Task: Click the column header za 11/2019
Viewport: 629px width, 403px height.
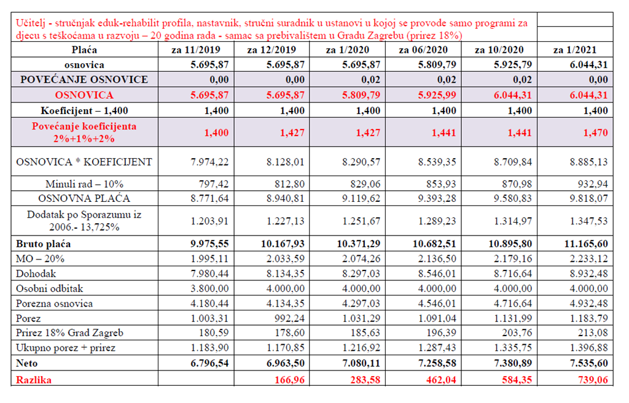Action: [x=196, y=50]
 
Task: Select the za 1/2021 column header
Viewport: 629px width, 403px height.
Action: [x=574, y=50]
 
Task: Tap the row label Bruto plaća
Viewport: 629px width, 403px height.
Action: [x=44, y=244]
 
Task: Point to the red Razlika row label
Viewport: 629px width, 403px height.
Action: [x=34, y=379]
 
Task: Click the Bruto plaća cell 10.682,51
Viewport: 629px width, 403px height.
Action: [x=434, y=244]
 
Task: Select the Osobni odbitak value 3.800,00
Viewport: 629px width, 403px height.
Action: [x=209, y=288]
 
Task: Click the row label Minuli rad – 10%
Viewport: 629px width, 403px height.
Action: [x=84, y=184]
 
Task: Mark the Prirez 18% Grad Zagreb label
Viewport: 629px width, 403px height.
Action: [x=69, y=332]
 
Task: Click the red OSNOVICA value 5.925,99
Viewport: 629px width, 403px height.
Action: [x=437, y=95]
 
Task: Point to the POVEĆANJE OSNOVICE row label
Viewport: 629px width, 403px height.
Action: [x=84, y=79]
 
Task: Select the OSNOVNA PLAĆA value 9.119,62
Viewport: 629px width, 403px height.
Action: [x=361, y=198]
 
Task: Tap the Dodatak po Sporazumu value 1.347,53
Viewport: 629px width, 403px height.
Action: [x=588, y=221]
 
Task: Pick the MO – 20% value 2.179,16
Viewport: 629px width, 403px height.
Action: [x=513, y=259]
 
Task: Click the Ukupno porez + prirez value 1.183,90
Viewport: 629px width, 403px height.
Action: [x=209, y=348]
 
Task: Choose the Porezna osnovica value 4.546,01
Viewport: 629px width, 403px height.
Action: [x=437, y=303]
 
